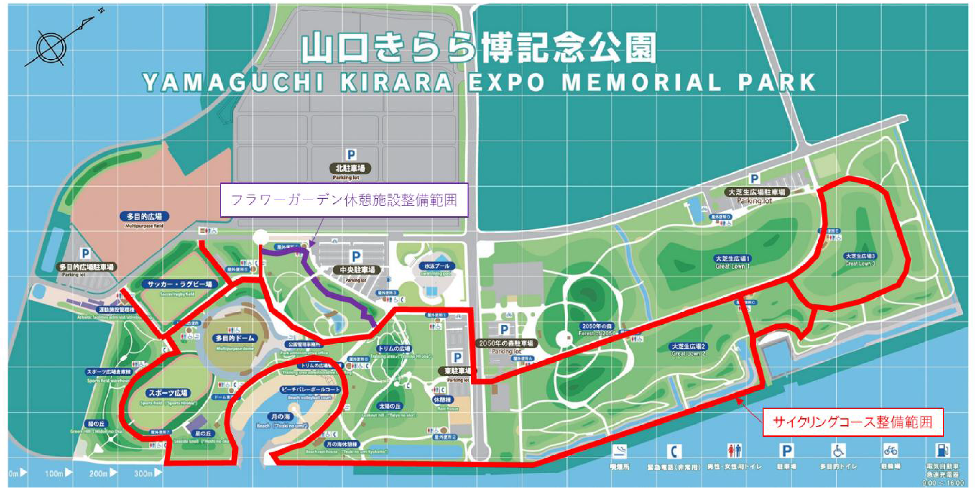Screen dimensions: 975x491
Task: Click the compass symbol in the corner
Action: pos(51,48)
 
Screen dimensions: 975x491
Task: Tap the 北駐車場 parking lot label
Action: pos(350,168)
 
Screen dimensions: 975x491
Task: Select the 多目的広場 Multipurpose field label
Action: pos(144,217)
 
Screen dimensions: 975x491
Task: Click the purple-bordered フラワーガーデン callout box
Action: pos(344,200)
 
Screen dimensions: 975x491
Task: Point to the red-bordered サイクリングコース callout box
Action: pos(853,422)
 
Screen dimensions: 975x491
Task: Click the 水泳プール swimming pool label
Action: pos(437,266)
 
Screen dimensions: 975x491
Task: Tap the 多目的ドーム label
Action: pos(235,338)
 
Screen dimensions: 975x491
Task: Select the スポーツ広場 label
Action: pos(168,393)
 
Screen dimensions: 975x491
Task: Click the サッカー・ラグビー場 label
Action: pos(179,284)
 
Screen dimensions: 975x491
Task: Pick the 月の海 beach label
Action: pos(281,417)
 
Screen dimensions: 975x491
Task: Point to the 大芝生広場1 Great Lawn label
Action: pos(732,259)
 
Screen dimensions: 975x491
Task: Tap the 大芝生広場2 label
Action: pos(689,346)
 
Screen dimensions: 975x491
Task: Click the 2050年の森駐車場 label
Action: pos(506,343)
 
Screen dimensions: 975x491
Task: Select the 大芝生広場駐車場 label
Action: pos(757,192)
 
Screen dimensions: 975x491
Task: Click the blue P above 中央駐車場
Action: pos(356,257)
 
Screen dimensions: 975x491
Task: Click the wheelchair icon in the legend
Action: pos(838,451)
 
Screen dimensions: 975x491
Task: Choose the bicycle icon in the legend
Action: pos(890,450)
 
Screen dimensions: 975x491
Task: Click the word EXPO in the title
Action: pos(506,83)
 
